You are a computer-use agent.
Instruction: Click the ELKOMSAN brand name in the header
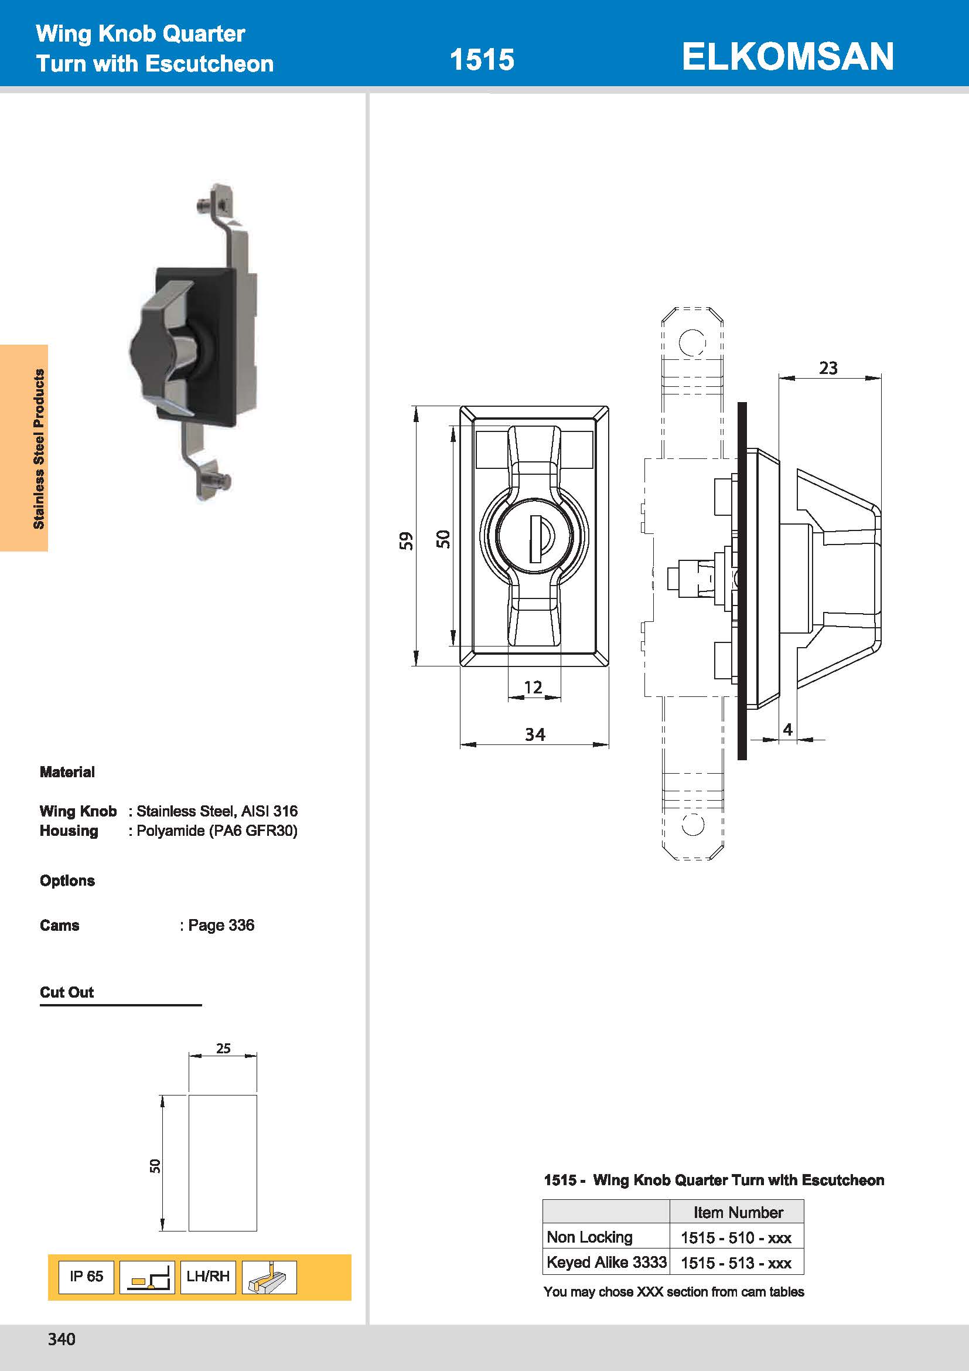[x=787, y=57]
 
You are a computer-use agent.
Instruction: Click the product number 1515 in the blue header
[x=482, y=60]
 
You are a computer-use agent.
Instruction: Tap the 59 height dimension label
[x=406, y=540]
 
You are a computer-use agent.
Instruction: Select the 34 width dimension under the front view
[x=535, y=734]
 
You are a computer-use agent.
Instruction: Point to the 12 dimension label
[x=533, y=688]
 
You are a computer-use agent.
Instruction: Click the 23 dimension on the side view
[x=828, y=368]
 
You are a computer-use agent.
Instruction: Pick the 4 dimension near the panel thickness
[x=787, y=729]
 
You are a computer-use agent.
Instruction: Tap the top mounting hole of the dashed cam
[x=692, y=343]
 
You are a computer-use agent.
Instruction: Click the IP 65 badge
[x=86, y=1276]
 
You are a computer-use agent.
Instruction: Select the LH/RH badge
[x=207, y=1276]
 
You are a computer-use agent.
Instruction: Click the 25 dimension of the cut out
[x=223, y=1048]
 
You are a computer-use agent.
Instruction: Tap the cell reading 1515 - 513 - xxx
[x=736, y=1263]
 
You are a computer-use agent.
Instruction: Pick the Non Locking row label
[x=589, y=1237]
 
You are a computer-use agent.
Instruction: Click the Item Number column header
[x=738, y=1212]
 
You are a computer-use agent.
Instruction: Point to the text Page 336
[x=221, y=925]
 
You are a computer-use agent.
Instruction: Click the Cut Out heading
[x=67, y=992]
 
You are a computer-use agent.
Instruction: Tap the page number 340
[x=62, y=1339]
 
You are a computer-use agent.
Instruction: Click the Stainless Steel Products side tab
[x=39, y=448]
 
